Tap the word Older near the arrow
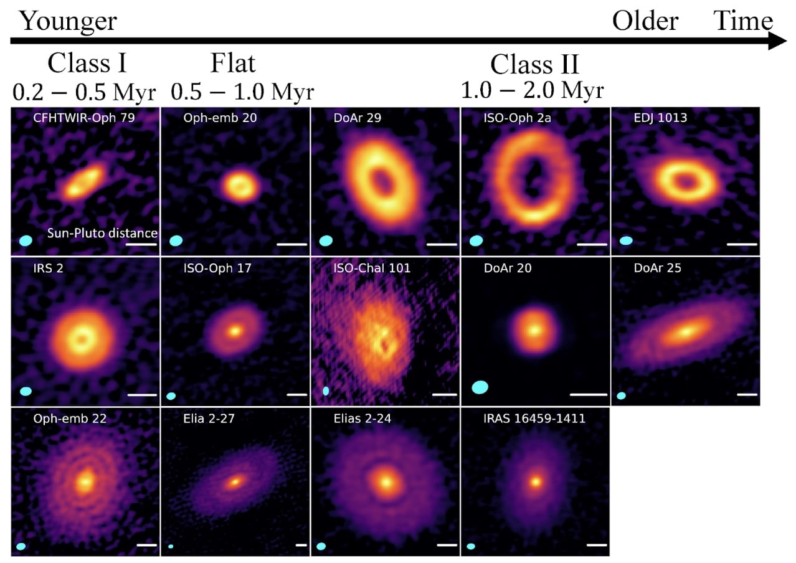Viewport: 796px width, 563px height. point(645,21)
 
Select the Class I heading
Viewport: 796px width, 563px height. point(87,64)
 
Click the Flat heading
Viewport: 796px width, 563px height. point(232,64)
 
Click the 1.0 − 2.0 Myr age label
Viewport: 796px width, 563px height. point(532,91)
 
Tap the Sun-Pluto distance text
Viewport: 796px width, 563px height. point(102,234)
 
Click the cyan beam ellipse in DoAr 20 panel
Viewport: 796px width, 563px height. point(479,387)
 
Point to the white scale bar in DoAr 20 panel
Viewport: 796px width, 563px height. point(588,394)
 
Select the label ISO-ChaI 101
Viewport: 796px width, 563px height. point(372,268)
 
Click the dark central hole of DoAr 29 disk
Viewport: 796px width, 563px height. point(382,181)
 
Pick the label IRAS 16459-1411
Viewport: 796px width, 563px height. point(534,419)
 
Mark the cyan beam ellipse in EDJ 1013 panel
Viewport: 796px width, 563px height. point(626,240)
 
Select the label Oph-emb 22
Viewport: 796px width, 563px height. point(70,419)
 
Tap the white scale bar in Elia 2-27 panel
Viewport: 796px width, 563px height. point(301,545)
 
